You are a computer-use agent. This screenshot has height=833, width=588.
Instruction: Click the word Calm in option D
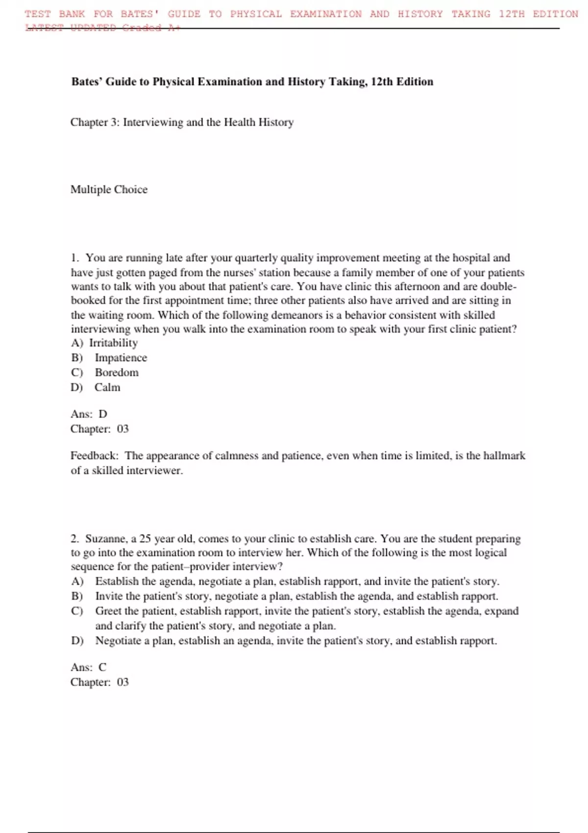point(107,388)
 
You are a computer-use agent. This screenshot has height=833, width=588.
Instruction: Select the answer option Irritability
point(113,343)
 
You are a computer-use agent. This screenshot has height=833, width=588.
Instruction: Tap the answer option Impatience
point(121,358)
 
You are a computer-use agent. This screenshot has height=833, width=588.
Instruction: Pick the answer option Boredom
point(117,372)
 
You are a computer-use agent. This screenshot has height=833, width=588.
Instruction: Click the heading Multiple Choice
point(109,190)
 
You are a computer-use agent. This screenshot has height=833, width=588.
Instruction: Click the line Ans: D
point(89,415)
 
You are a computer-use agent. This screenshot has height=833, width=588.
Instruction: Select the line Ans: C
point(88,667)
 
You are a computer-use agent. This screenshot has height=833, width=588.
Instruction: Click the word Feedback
point(94,456)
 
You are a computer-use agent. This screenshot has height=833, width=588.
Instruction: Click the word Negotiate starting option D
point(118,641)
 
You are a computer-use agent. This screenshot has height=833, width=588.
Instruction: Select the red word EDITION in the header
point(555,14)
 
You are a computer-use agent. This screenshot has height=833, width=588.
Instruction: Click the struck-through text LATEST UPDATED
point(71,28)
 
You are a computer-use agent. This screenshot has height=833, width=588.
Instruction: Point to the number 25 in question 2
point(145,539)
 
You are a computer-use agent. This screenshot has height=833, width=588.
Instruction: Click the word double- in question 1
point(498,287)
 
